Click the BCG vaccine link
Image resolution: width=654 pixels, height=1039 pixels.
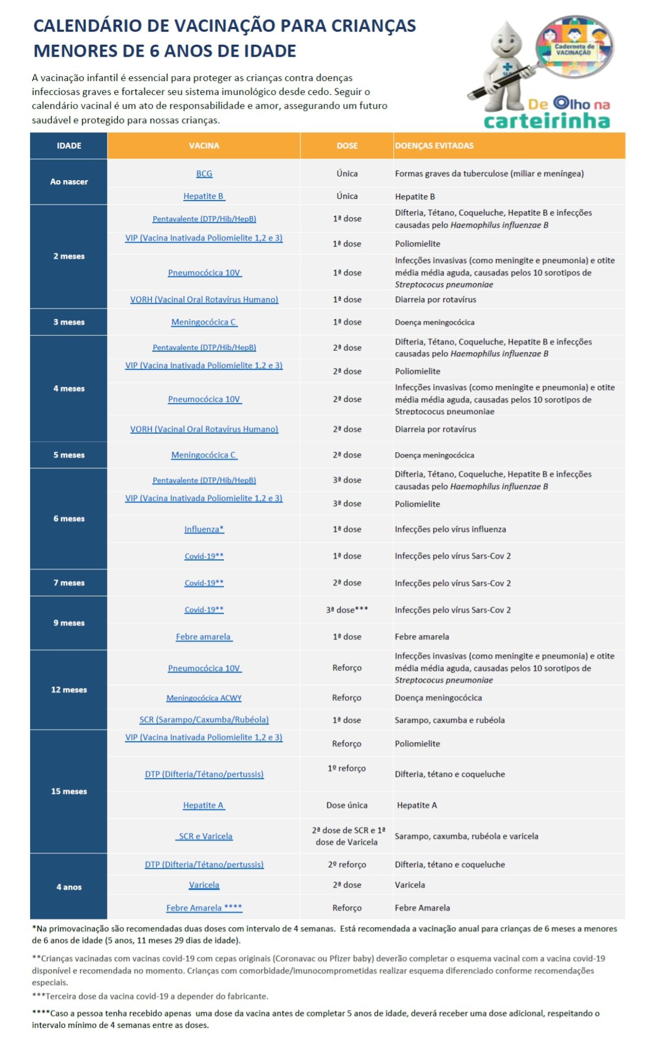(204, 173)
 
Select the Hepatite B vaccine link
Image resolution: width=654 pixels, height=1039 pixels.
(204, 196)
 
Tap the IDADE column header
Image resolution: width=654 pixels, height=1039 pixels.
(69, 146)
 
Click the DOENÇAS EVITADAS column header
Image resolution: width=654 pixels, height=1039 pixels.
(434, 146)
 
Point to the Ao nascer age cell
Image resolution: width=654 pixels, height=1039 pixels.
(69, 182)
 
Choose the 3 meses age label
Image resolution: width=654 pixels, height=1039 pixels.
(69, 322)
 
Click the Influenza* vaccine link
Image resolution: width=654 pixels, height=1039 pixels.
(204, 529)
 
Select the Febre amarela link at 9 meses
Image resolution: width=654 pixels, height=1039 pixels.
(204, 637)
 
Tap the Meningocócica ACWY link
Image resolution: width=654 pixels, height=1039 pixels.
(204, 698)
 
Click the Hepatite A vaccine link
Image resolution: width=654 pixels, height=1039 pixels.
(204, 805)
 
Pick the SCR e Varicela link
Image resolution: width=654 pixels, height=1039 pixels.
(205, 836)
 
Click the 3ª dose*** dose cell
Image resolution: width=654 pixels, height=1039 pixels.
(347, 610)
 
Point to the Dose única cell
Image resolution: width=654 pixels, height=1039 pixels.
(347, 805)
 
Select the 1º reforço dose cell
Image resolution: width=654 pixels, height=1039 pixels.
(347, 768)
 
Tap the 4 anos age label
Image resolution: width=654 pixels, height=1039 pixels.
(69, 887)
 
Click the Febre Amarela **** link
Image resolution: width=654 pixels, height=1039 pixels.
(204, 908)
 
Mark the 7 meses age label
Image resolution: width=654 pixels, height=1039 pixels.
(69, 583)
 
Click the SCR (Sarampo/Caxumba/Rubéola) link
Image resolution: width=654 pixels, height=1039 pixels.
(204, 720)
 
